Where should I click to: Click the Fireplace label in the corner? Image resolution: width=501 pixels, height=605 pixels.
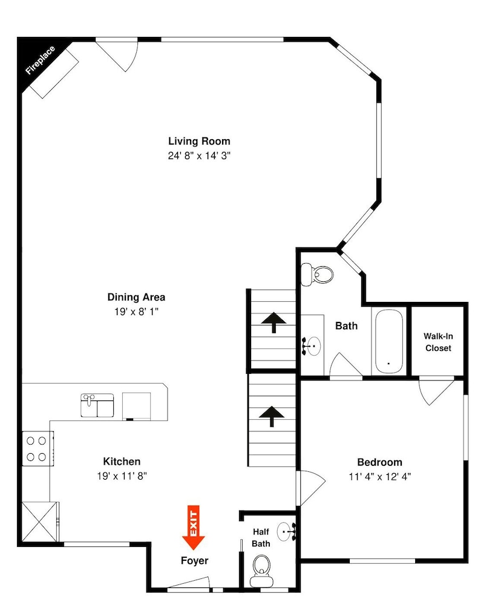pos(40,60)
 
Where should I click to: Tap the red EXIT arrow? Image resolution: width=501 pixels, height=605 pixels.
pos(194,527)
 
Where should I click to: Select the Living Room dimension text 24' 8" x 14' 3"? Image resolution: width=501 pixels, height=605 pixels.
pos(199,155)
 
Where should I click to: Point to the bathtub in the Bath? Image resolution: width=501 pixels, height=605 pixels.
pos(388,341)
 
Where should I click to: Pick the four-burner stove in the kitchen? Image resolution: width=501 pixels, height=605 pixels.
pos(38,449)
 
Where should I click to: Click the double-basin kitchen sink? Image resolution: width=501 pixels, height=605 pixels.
pos(97,405)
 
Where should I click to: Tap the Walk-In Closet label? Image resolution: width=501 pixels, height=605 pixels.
pos(438,342)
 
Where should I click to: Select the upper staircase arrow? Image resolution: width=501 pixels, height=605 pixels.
pos(273,322)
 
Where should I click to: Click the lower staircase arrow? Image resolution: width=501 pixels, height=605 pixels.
pos(272,416)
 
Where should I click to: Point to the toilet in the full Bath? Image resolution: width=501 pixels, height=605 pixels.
pos(317,274)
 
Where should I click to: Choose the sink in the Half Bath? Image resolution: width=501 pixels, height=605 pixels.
pos(286,531)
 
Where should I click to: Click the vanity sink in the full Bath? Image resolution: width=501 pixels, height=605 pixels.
pos(312,346)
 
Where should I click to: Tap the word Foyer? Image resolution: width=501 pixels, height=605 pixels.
pos(195,561)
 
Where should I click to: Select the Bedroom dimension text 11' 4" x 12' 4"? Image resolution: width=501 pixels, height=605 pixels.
pos(380,477)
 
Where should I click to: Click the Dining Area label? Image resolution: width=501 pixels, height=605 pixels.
pos(136,297)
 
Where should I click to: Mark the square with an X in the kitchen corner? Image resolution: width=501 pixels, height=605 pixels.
pos(39,522)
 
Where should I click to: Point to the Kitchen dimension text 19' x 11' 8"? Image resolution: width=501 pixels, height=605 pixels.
pos(122,476)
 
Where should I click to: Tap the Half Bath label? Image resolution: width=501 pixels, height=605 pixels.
pos(261,537)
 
